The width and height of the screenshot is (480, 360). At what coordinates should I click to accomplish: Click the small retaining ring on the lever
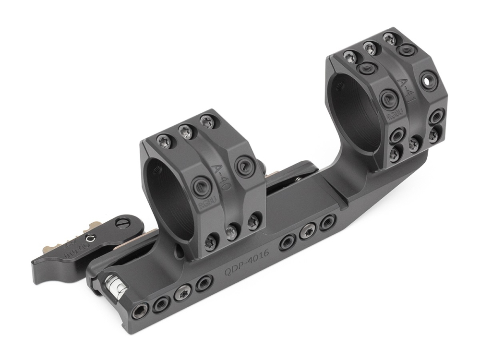pyautogui.click(x=90, y=238)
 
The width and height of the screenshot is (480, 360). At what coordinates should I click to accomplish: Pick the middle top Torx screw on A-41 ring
pyautogui.click(x=369, y=47)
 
